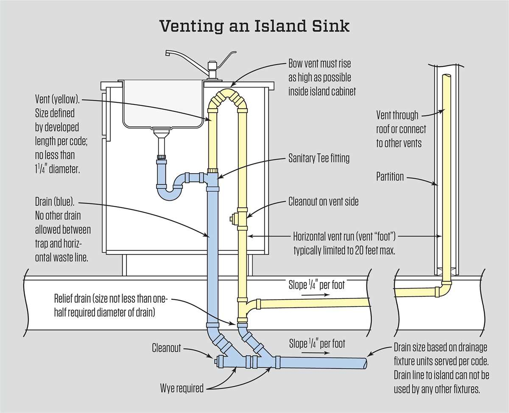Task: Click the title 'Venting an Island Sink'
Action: point(255,26)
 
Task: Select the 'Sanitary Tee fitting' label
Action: point(319,158)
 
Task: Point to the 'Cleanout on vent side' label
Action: point(323,201)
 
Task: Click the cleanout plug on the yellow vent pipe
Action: point(233,219)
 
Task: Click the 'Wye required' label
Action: point(182,388)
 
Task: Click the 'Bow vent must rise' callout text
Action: point(319,64)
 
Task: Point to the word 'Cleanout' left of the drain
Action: point(167,348)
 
